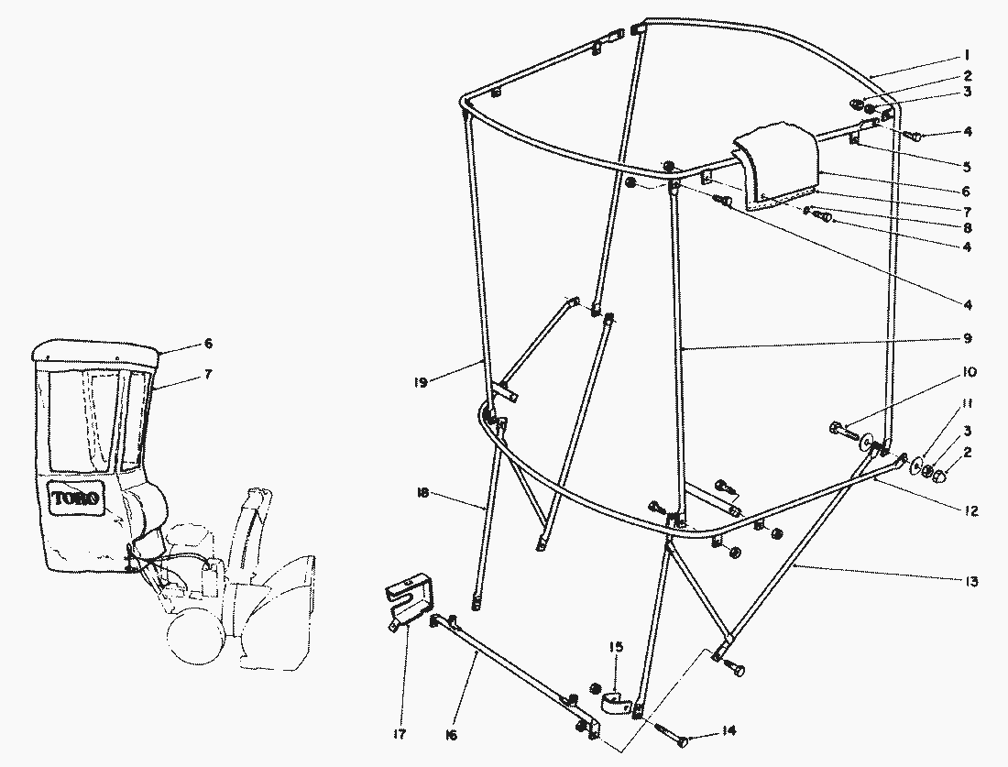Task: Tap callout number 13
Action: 970,581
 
